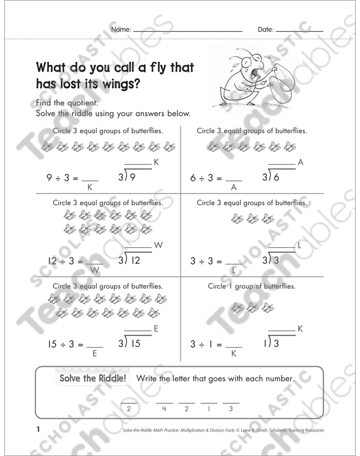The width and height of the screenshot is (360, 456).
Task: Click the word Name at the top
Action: click(121, 29)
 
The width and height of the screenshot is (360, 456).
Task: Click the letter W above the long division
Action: click(158, 245)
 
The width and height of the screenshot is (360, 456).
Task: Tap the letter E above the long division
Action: click(156, 329)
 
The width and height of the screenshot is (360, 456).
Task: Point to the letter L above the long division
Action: click(299, 245)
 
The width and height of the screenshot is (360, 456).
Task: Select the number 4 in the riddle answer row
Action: click(165, 408)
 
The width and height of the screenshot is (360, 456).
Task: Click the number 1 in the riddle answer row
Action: click(209, 408)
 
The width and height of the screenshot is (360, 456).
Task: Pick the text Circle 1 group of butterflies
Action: click(252, 286)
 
